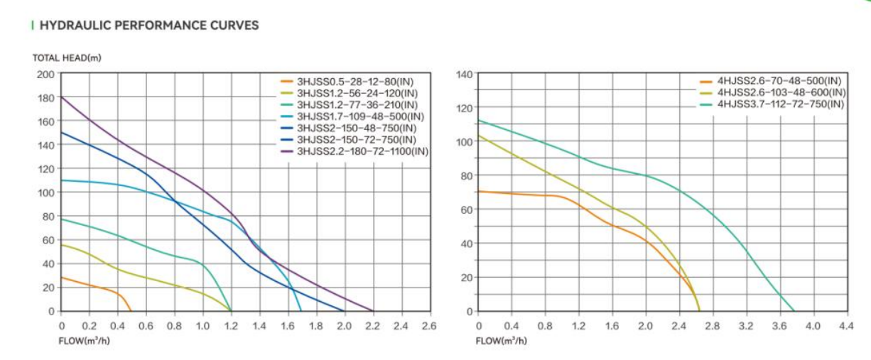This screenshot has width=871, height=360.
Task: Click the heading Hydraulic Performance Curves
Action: [149, 26]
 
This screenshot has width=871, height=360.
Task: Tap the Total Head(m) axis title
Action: [67, 58]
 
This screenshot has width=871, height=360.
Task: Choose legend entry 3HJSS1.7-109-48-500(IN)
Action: [359, 116]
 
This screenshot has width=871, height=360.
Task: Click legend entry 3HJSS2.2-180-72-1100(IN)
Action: [362, 151]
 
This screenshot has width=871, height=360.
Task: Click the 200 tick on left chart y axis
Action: [45, 74]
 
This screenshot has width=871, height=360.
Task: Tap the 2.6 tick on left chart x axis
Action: [429, 326]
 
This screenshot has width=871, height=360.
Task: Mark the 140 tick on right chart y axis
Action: [463, 74]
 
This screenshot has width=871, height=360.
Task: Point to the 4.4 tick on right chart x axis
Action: [845, 326]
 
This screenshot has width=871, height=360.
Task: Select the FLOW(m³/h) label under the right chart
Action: [501, 340]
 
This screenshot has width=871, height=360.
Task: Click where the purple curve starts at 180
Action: [63, 97]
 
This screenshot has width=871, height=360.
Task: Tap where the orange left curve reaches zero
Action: [131, 310]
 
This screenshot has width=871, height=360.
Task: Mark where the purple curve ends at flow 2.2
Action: [372, 310]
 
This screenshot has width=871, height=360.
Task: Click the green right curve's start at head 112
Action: [480, 121]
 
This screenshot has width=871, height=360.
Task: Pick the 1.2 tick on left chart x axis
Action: [231, 326]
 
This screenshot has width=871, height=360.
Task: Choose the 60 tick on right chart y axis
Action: [466, 209]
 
